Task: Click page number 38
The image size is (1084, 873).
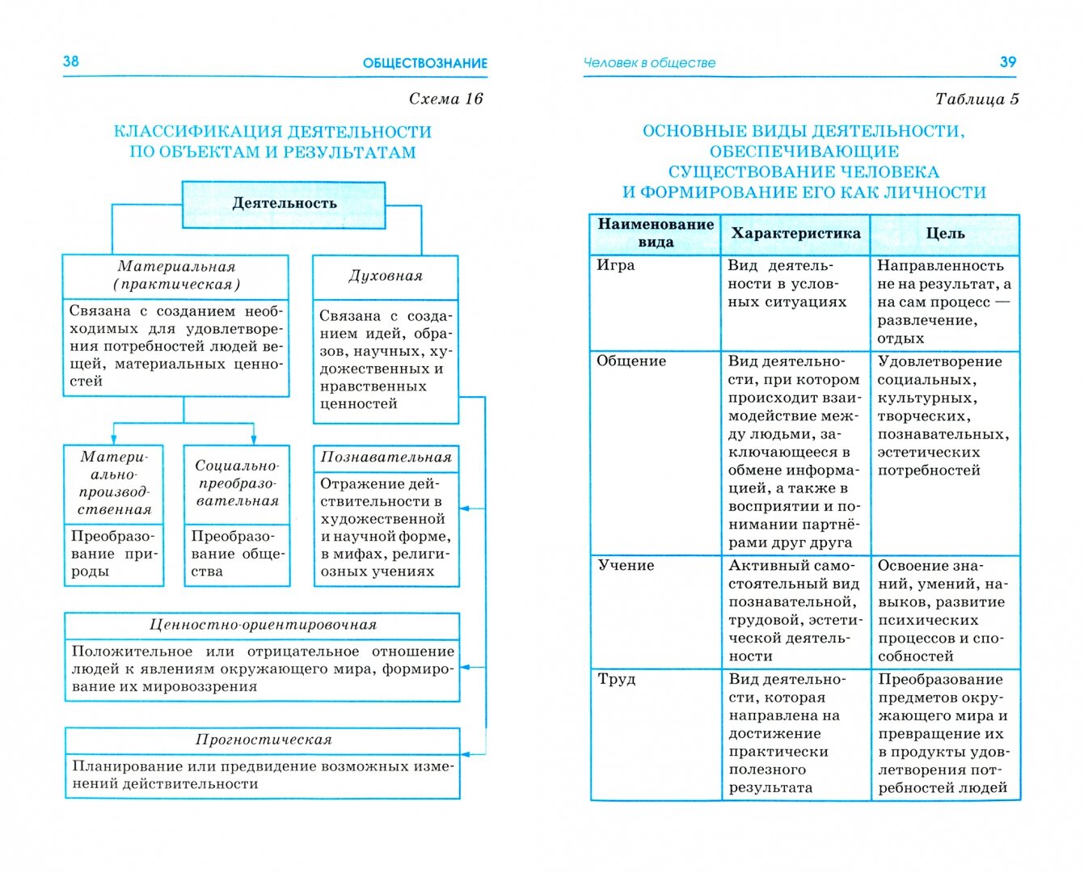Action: (x=71, y=61)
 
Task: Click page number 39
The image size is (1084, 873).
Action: (x=1007, y=62)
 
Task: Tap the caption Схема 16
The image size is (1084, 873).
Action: (x=445, y=99)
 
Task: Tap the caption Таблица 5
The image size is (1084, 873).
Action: (x=976, y=99)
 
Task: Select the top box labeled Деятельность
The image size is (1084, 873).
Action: (x=284, y=204)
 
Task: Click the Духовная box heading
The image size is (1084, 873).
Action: (x=386, y=276)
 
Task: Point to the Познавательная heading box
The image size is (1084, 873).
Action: (x=386, y=458)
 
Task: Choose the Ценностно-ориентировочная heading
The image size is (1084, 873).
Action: (x=263, y=625)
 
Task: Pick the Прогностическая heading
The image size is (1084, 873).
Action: (x=263, y=740)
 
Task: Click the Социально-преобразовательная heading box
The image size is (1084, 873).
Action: (x=237, y=483)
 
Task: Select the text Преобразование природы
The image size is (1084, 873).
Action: (x=113, y=554)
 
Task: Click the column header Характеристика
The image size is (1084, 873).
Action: (x=795, y=234)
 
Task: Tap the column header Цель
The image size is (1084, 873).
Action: (x=945, y=234)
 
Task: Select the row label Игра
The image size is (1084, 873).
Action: (x=616, y=265)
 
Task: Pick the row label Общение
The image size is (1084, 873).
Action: (x=631, y=361)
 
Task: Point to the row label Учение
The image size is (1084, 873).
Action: (x=626, y=565)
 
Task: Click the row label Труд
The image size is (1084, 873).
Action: (x=617, y=679)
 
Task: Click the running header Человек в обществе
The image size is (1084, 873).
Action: (x=649, y=63)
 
